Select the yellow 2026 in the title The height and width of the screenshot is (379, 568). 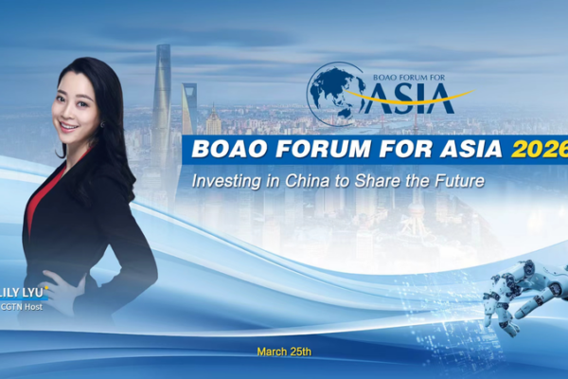click(538, 149)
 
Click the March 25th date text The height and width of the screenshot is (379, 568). click(284, 352)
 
